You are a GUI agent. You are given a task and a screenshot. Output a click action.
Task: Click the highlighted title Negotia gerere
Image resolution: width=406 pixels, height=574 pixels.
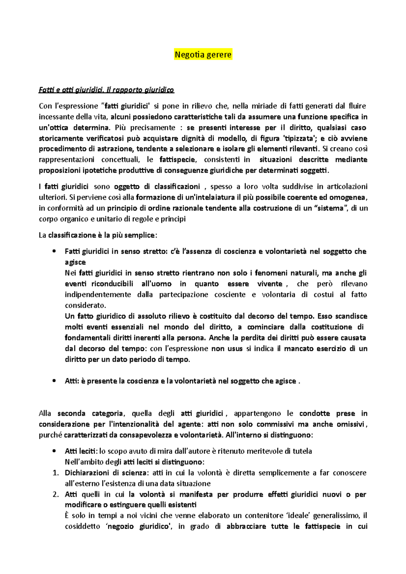click(x=203, y=54)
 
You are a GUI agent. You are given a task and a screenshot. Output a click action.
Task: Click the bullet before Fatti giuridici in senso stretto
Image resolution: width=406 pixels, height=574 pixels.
click(x=54, y=252)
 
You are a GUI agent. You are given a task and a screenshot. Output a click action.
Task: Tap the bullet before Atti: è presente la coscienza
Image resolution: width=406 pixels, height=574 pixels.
click(x=54, y=381)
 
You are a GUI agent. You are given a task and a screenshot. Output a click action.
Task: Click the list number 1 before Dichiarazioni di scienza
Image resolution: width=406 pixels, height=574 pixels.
click(x=56, y=473)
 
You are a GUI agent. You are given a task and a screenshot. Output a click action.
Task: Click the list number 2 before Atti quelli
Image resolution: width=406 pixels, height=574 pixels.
click(x=56, y=495)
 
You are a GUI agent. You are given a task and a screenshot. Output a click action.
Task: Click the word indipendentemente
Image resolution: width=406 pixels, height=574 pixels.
click(x=98, y=295)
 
